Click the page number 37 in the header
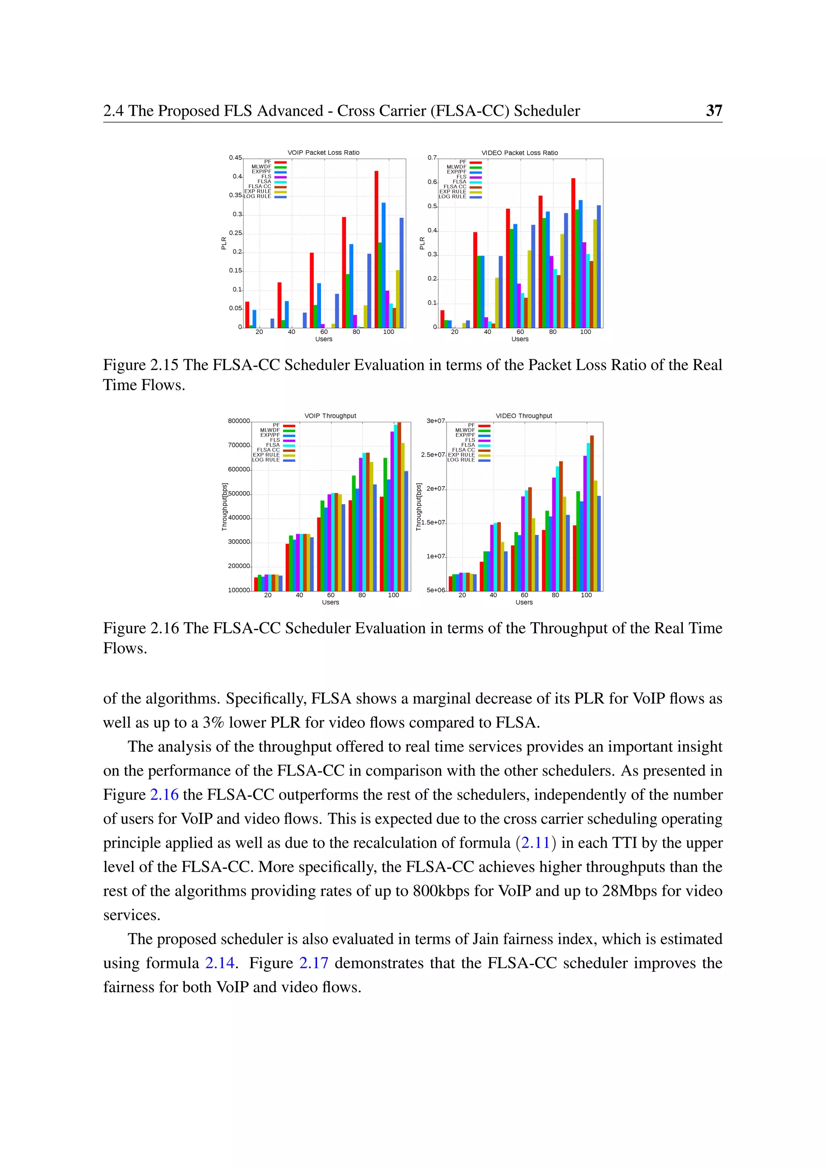pyautogui.click(x=713, y=111)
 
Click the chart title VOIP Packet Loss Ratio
pyautogui.click(x=323, y=152)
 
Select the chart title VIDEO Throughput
pyautogui.click(x=524, y=416)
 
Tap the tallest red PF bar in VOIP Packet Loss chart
pyautogui.click(x=376, y=249)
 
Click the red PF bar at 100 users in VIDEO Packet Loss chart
pyautogui.click(x=573, y=253)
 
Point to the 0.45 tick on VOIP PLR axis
pyautogui.click(x=235, y=158)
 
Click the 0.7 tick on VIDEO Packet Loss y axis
pyautogui.click(x=432, y=158)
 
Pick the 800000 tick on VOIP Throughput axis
pyautogui.click(x=238, y=421)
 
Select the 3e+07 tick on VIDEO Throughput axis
pyautogui.click(x=435, y=421)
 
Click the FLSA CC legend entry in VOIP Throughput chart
pyautogui.click(x=269, y=450)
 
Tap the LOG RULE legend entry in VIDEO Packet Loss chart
pyautogui.click(x=453, y=196)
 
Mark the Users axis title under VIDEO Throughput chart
pyautogui.click(x=524, y=602)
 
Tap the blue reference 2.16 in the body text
pyautogui.click(x=164, y=794)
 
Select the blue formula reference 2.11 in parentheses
pyautogui.click(x=536, y=843)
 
